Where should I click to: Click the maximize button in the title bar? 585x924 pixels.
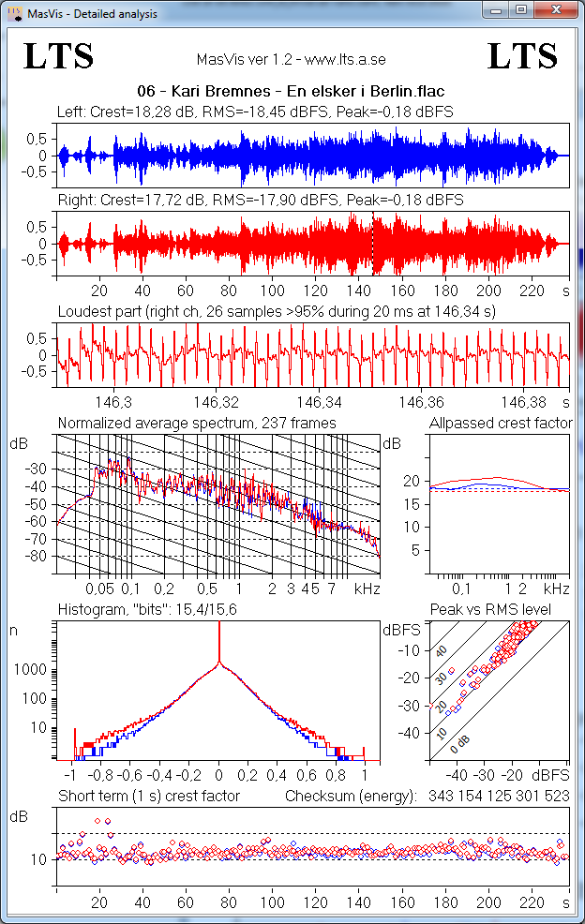pos(521,10)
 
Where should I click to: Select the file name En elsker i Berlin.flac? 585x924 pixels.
pos(290,92)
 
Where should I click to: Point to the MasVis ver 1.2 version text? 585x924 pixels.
pos(292,60)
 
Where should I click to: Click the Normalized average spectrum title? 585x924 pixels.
pos(197,424)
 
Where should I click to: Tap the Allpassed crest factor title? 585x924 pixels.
pos(500,424)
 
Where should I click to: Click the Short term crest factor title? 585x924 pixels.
pos(149,796)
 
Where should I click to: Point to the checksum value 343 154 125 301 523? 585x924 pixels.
pos(496,796)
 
